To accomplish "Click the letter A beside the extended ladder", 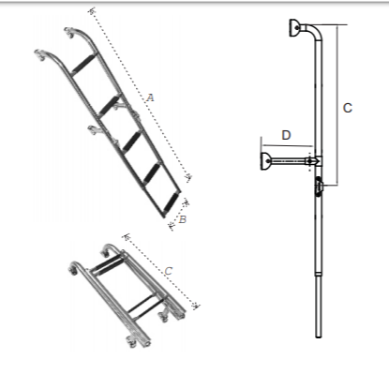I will [150, 97].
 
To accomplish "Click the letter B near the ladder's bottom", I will [182, 218].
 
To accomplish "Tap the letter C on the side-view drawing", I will [347, 109].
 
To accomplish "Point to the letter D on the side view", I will [286, 136].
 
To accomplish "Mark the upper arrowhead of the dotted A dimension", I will [92, 11].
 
